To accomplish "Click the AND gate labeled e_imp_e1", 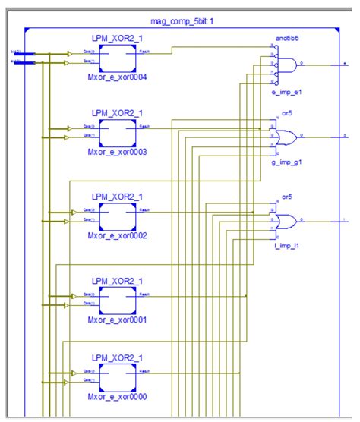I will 287,67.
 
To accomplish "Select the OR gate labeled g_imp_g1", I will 287,137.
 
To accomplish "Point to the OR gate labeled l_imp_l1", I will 287,222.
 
